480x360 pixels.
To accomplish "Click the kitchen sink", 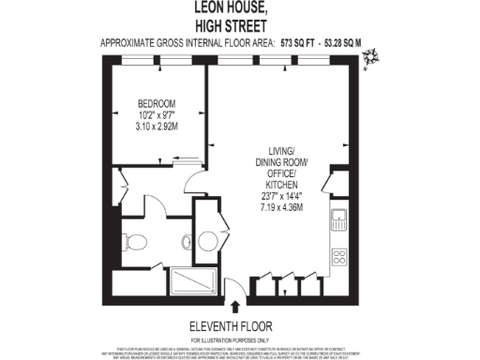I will [339, 222].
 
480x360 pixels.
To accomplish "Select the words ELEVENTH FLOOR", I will [239, 326].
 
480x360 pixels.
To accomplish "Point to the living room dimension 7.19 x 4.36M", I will [281, 207].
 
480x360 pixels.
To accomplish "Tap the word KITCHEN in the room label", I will [281, 186].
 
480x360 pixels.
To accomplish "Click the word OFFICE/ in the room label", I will [281, 175].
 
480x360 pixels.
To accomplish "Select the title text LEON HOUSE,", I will [239, 7].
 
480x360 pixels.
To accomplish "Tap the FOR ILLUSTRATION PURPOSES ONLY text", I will [239, 338].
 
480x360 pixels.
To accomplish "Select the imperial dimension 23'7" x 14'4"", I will [281, 197].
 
